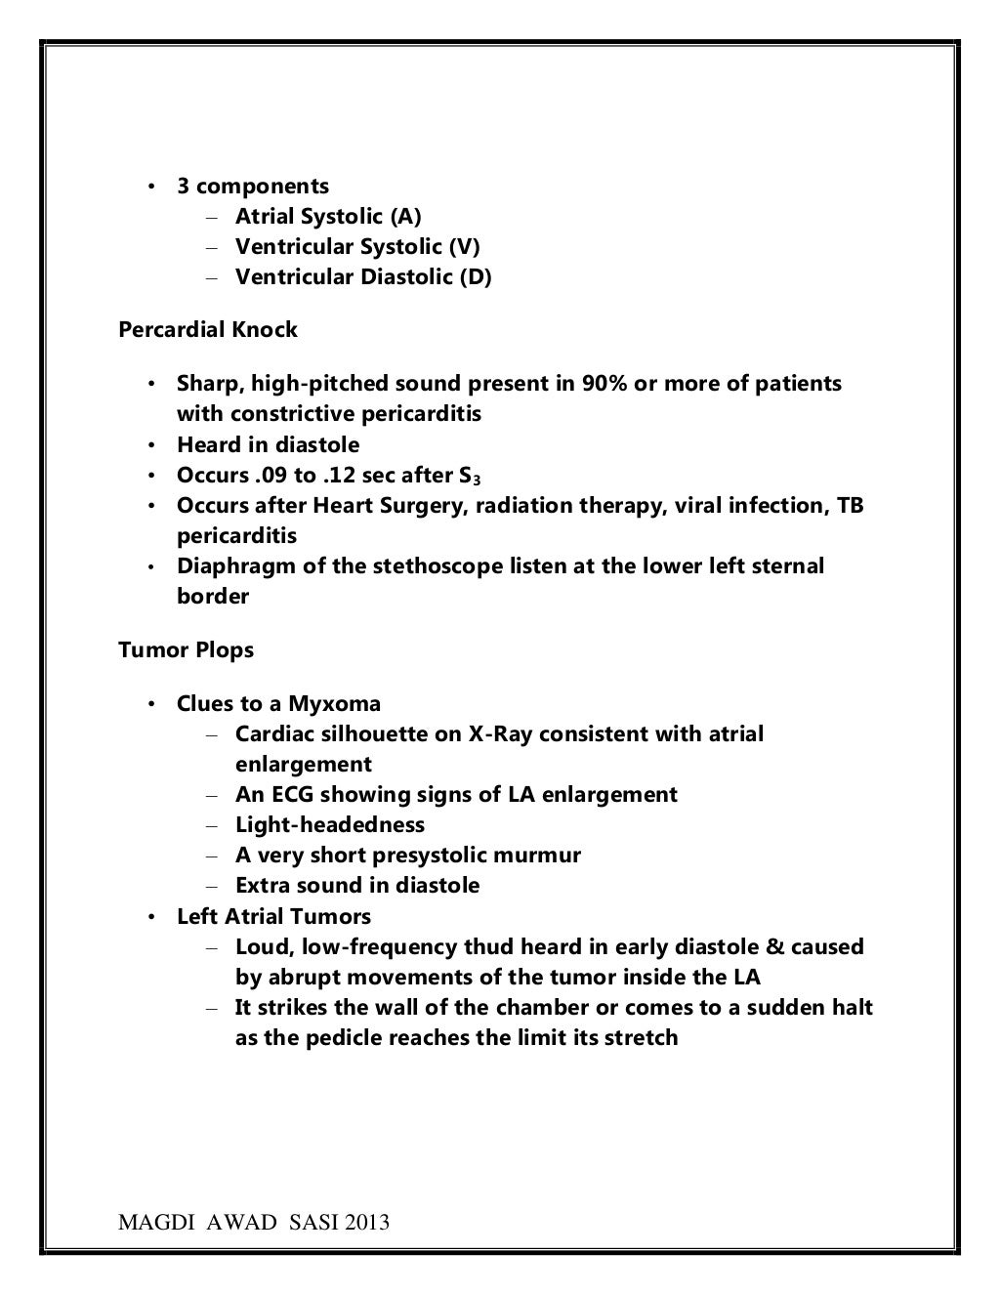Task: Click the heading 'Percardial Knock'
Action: point(207,330)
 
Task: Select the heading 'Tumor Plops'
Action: point(186,649)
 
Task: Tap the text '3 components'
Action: point(253,186)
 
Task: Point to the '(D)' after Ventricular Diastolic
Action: point(475,277)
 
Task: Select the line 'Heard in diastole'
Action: point(268,445)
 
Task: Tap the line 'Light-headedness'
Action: point(330,825)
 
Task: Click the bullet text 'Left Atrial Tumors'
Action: point(273,917)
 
